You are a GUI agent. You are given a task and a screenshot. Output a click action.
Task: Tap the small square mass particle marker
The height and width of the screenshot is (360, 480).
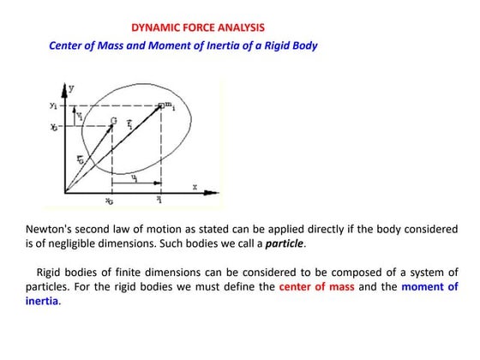164,106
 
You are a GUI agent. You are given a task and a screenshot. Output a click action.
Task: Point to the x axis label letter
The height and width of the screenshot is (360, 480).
195,185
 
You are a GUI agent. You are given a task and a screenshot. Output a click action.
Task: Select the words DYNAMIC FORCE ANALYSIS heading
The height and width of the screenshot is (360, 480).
198,27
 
